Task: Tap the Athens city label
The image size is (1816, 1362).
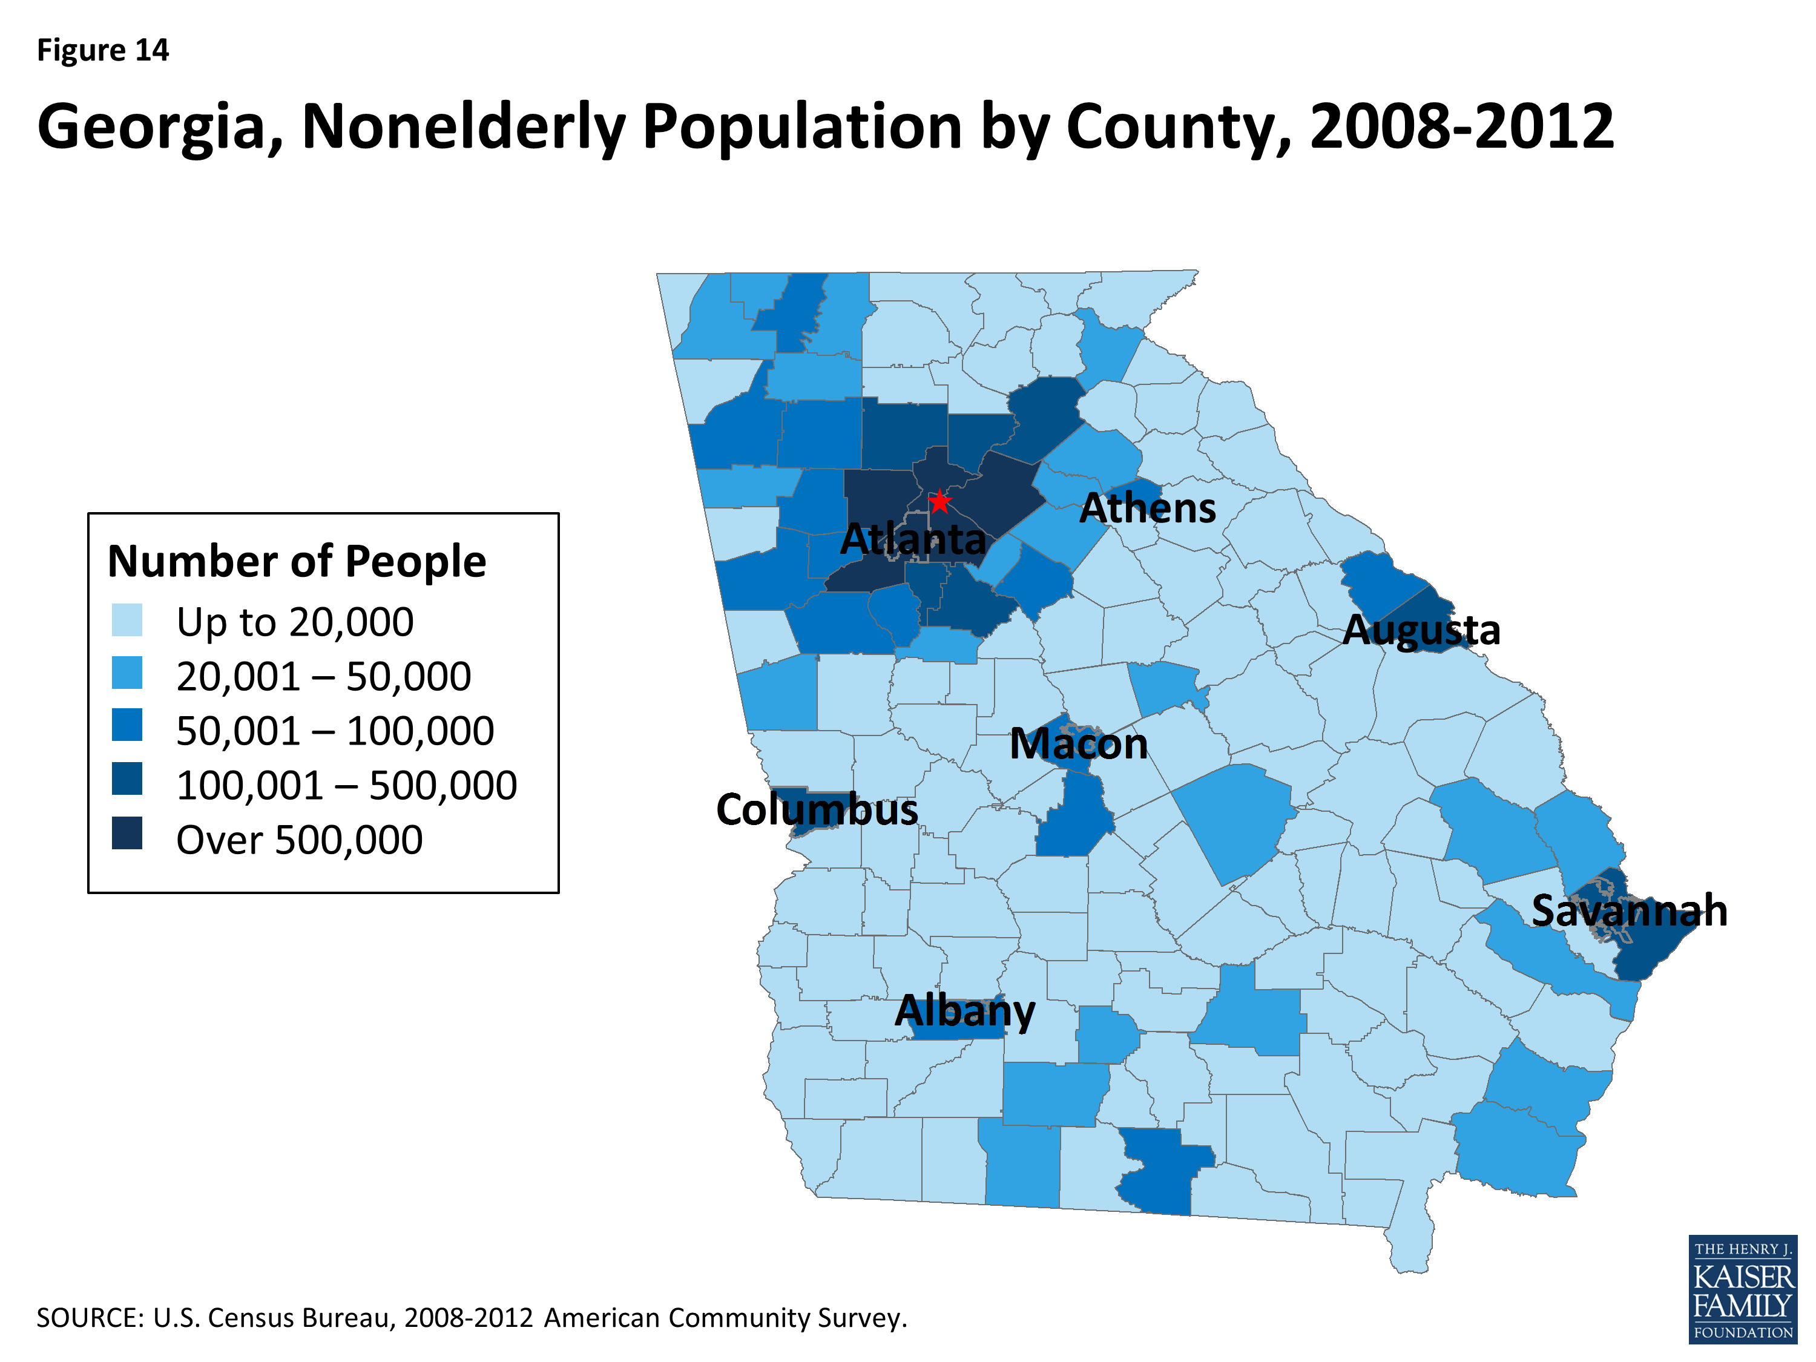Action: point(1147,509)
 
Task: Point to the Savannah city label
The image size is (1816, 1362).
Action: point(1629,910)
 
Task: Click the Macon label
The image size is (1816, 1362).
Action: point(1078,744)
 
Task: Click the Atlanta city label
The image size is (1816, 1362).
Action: point(913,539)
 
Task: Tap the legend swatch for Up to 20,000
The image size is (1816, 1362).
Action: point(127,620)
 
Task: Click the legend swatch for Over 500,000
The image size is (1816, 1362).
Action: point(127,834)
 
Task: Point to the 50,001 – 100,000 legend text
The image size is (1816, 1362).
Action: point(335,731)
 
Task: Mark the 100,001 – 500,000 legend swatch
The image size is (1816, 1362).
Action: point(127,779)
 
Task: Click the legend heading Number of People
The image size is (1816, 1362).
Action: point(297,562)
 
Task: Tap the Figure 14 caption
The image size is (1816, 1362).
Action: point(103,51)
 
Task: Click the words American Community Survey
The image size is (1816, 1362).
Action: point(725,1318)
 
